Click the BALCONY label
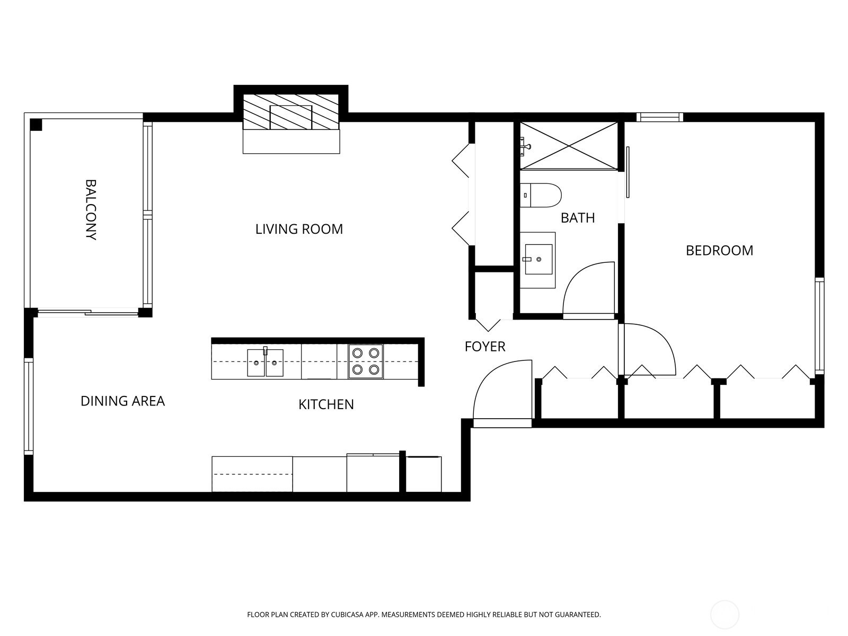(x=91, y=210)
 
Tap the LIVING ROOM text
(x=299, y=229)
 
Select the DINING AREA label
(x=122, y=401)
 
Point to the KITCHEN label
(x=326, y=404)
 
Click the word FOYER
(x=485, y=347)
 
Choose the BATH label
(x=578, y=218)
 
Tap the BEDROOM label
(x=719, y=251)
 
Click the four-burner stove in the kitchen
(x=366, y=361)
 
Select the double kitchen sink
(x=265, y=362)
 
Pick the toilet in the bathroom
(x=540, y=196)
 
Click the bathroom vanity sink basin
(x=538, y=259)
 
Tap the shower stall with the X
(x=569, y=146)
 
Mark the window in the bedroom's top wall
(x=659, y=117)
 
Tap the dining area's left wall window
(x=29, y=406)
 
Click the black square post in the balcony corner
(x=36, y=125)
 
